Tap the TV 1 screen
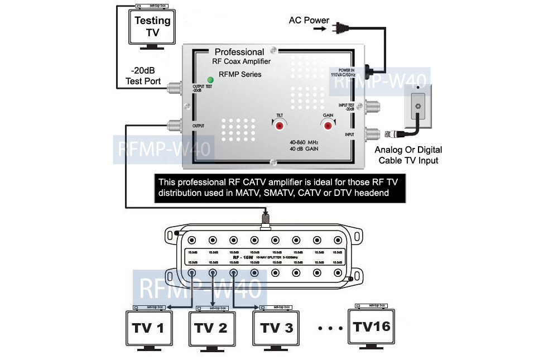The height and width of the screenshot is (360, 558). point(148,328)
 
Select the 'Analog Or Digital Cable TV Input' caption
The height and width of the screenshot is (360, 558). point(408,155)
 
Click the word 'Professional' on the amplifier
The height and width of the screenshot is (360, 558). point(239,52)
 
